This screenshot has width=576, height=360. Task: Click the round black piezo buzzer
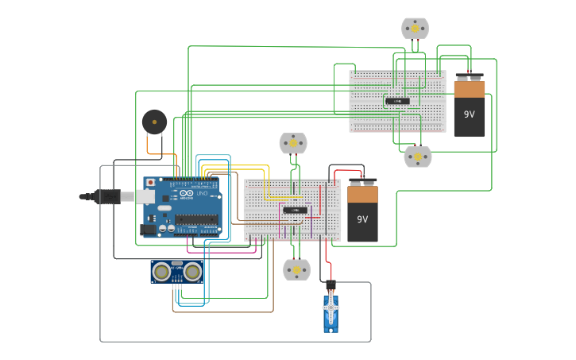point(154,122)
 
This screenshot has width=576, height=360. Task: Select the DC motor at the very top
point(415,29)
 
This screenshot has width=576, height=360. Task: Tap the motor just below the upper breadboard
point(417,157)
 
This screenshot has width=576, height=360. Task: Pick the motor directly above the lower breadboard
point(293,143)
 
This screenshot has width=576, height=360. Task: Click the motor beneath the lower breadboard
point(297,270)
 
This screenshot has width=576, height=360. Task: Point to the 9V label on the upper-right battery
point(469,114)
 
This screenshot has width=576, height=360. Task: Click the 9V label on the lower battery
point(362,219)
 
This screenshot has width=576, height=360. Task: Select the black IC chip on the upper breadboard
point(397,101)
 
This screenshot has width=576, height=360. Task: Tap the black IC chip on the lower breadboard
point(295,210)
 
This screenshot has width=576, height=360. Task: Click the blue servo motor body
point(331,313)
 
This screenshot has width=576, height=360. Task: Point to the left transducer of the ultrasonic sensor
point(161,273)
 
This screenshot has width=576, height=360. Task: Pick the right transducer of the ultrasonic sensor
point(193,273)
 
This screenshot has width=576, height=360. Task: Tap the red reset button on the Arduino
point(149,182)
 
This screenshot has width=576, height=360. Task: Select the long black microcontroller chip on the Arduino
point(197,219)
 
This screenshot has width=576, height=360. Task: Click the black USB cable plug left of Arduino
point(107,195)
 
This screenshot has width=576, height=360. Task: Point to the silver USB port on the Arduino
point(149,196)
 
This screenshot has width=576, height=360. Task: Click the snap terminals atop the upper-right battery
point(469,77)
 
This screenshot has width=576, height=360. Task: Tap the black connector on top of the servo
point(331,286)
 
